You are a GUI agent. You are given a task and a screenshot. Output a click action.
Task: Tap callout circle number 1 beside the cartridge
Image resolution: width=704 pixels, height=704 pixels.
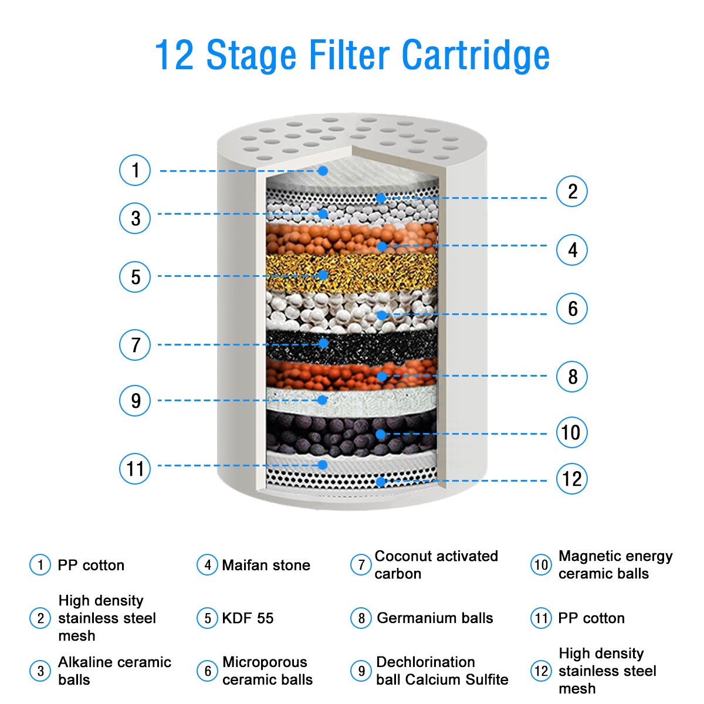[x=135, y=171]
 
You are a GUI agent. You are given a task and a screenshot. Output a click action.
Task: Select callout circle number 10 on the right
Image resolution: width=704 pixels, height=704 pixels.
[x=571, y=433]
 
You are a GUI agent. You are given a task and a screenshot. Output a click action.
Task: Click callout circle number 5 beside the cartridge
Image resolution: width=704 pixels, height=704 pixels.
[x=135, y=276]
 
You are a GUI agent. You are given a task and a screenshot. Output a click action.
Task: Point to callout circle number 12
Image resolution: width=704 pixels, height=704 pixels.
[x=571, y=479]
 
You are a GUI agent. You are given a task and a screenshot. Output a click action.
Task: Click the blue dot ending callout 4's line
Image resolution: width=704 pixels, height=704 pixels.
[x=381, y=246]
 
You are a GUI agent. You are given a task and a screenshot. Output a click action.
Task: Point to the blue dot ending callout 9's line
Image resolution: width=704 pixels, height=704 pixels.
[x=322, y=400]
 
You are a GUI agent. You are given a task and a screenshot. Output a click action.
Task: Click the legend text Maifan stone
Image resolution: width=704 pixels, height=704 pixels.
[x=266, y=566]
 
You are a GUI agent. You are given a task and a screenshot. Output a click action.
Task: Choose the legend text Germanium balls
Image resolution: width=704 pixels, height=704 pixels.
[x=435, y=618]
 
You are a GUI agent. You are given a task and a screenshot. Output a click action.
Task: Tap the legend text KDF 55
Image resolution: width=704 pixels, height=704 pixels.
[x=248, y=618]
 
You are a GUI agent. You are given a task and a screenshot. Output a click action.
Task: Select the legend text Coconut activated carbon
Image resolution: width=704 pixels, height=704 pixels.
[x=436, y=565]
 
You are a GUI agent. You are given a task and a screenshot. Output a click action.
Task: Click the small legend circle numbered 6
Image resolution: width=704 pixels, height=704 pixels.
[x=207, y=671]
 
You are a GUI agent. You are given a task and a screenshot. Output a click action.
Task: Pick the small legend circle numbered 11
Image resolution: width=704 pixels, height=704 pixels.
[x=541, y=618]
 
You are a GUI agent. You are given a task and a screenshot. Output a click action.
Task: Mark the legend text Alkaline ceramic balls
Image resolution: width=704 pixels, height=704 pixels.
[x=114, y=671]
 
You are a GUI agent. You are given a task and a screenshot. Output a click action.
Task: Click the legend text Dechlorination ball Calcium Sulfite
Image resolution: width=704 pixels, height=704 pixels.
[x=442, y=671]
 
